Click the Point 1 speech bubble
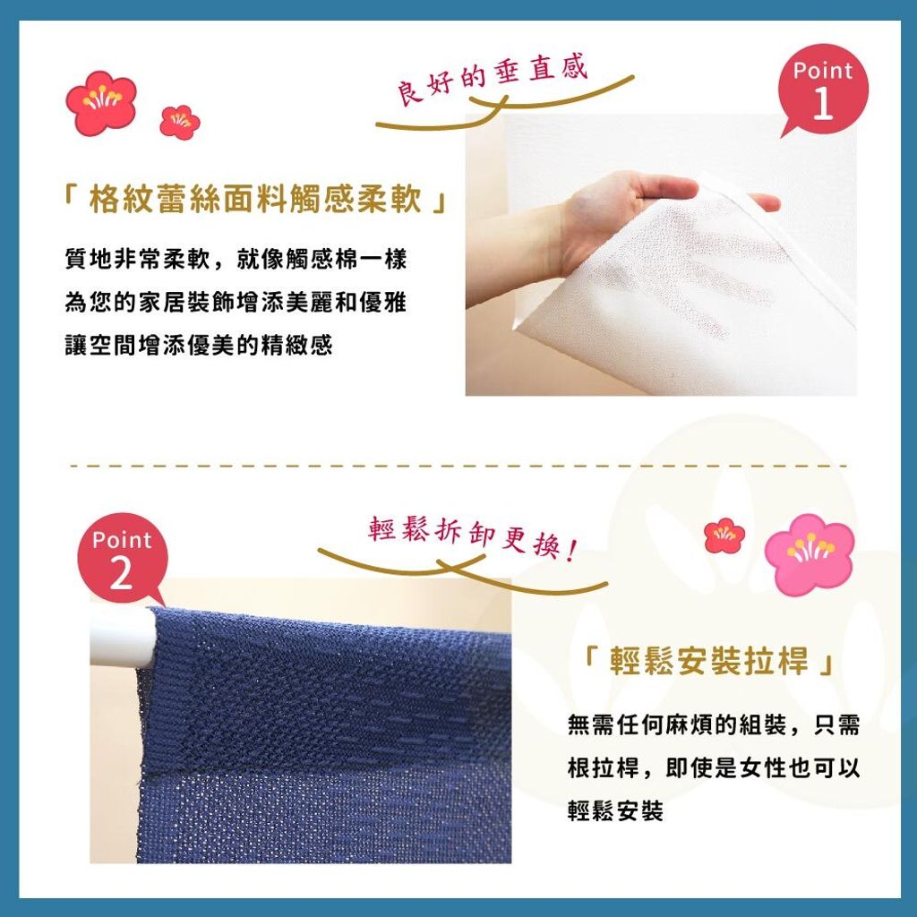coord(823,90)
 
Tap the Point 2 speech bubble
coord(122,559)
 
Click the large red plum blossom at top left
coord(100,103)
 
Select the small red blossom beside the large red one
coord(179,122)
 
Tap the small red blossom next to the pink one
coord(724,536)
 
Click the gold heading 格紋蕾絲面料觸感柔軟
coord(255,200)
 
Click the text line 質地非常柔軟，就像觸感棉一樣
coord(236,259)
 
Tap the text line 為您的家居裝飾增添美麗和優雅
coord(236,303)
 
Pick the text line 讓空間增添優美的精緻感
coord(199,345)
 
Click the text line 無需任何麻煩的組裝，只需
coord(714,725)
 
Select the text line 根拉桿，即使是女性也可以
coord(714,767)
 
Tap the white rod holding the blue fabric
coord(123,638)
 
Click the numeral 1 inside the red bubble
coord(823,104)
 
